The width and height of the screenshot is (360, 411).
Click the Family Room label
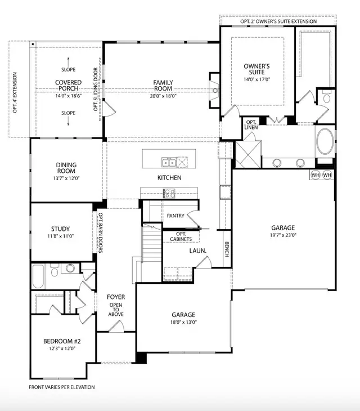(x=163, y=86)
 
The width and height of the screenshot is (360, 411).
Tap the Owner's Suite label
(x=256, y=69)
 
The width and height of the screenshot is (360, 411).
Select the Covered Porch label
(x=68, y=86)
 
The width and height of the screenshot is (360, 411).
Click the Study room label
(x=60, y=229)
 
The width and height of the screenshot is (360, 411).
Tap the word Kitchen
(x=169, y=178)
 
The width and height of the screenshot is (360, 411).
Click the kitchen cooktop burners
(x=169, y=193)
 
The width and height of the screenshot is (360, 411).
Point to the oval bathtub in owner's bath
(x=324, y=141)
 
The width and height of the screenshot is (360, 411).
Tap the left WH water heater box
(x=315, y=175)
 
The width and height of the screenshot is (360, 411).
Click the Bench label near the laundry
(x=227, y=249)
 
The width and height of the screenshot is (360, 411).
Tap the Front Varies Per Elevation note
(x=62, y=387)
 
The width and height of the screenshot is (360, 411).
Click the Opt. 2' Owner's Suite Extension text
(x=278, y=21)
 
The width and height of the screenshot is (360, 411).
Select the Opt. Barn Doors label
(x=101, y=233)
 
